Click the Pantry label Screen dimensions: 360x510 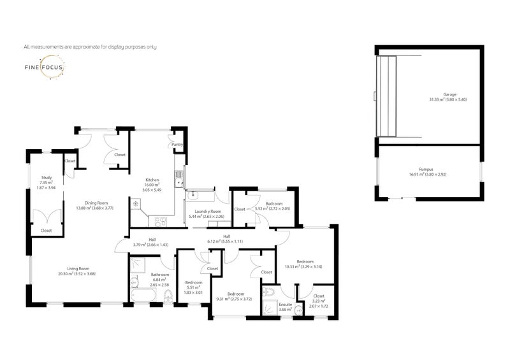point(177,145)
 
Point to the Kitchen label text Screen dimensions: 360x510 point(151,180)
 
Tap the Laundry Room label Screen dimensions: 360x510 point(208,211)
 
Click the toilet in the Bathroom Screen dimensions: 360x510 point(168,295)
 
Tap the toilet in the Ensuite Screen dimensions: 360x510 point(298,312)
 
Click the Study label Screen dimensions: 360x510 point(46,178)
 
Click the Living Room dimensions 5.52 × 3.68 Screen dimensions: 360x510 point(77,275)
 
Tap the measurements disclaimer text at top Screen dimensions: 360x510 point(90,47)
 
